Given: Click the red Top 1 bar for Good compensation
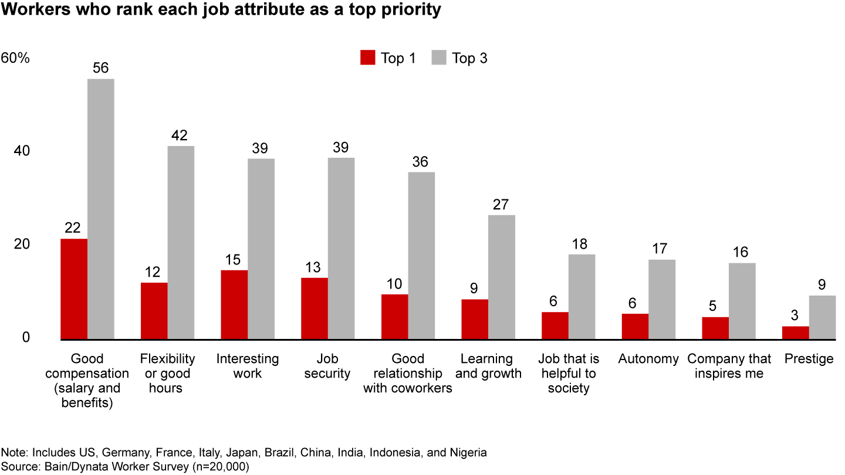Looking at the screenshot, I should coord(74,289).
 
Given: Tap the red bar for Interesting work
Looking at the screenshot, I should coord(234,305).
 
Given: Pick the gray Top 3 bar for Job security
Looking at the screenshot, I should coord(341,248).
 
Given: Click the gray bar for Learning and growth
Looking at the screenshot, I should coord(501,277).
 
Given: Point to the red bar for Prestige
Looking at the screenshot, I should coord(795,333).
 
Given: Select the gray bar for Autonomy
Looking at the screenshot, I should coord(661,299).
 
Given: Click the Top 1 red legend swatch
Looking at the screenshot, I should coord(367,58).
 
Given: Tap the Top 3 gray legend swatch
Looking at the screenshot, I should coord(439,58).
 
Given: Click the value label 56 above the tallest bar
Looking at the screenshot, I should coord(100,68).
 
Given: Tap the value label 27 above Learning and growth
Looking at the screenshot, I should coord(501,205).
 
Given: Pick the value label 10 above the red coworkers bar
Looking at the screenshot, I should coord(394,283).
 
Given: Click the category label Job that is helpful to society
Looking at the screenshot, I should coord(568,374).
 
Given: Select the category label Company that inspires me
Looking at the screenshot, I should coord(729,366).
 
